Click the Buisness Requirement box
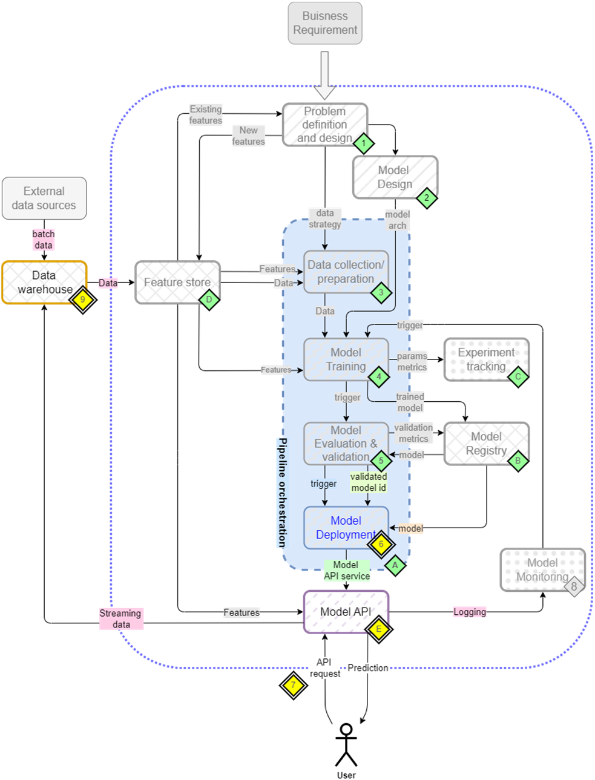pos(325,23)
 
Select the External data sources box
pos(44,198)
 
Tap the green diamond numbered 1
pos(363,143)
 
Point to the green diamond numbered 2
pos(427,197)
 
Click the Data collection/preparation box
pos(346,272)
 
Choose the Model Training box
pos(346,359)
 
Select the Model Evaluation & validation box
pos(346,444)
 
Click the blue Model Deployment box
pos(346,528)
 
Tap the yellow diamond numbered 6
pos(381,544)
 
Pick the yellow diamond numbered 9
pos(82,299)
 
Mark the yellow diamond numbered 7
pos(294,685)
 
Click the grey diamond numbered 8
pos(574,586)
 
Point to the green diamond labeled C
pos(518,376)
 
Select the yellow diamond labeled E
pos(378,629)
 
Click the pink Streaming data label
pos(121,618)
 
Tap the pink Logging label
pos(470,612)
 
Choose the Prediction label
pos(368,667)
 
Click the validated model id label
pos(369,482)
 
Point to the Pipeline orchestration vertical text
pos(282,493)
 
